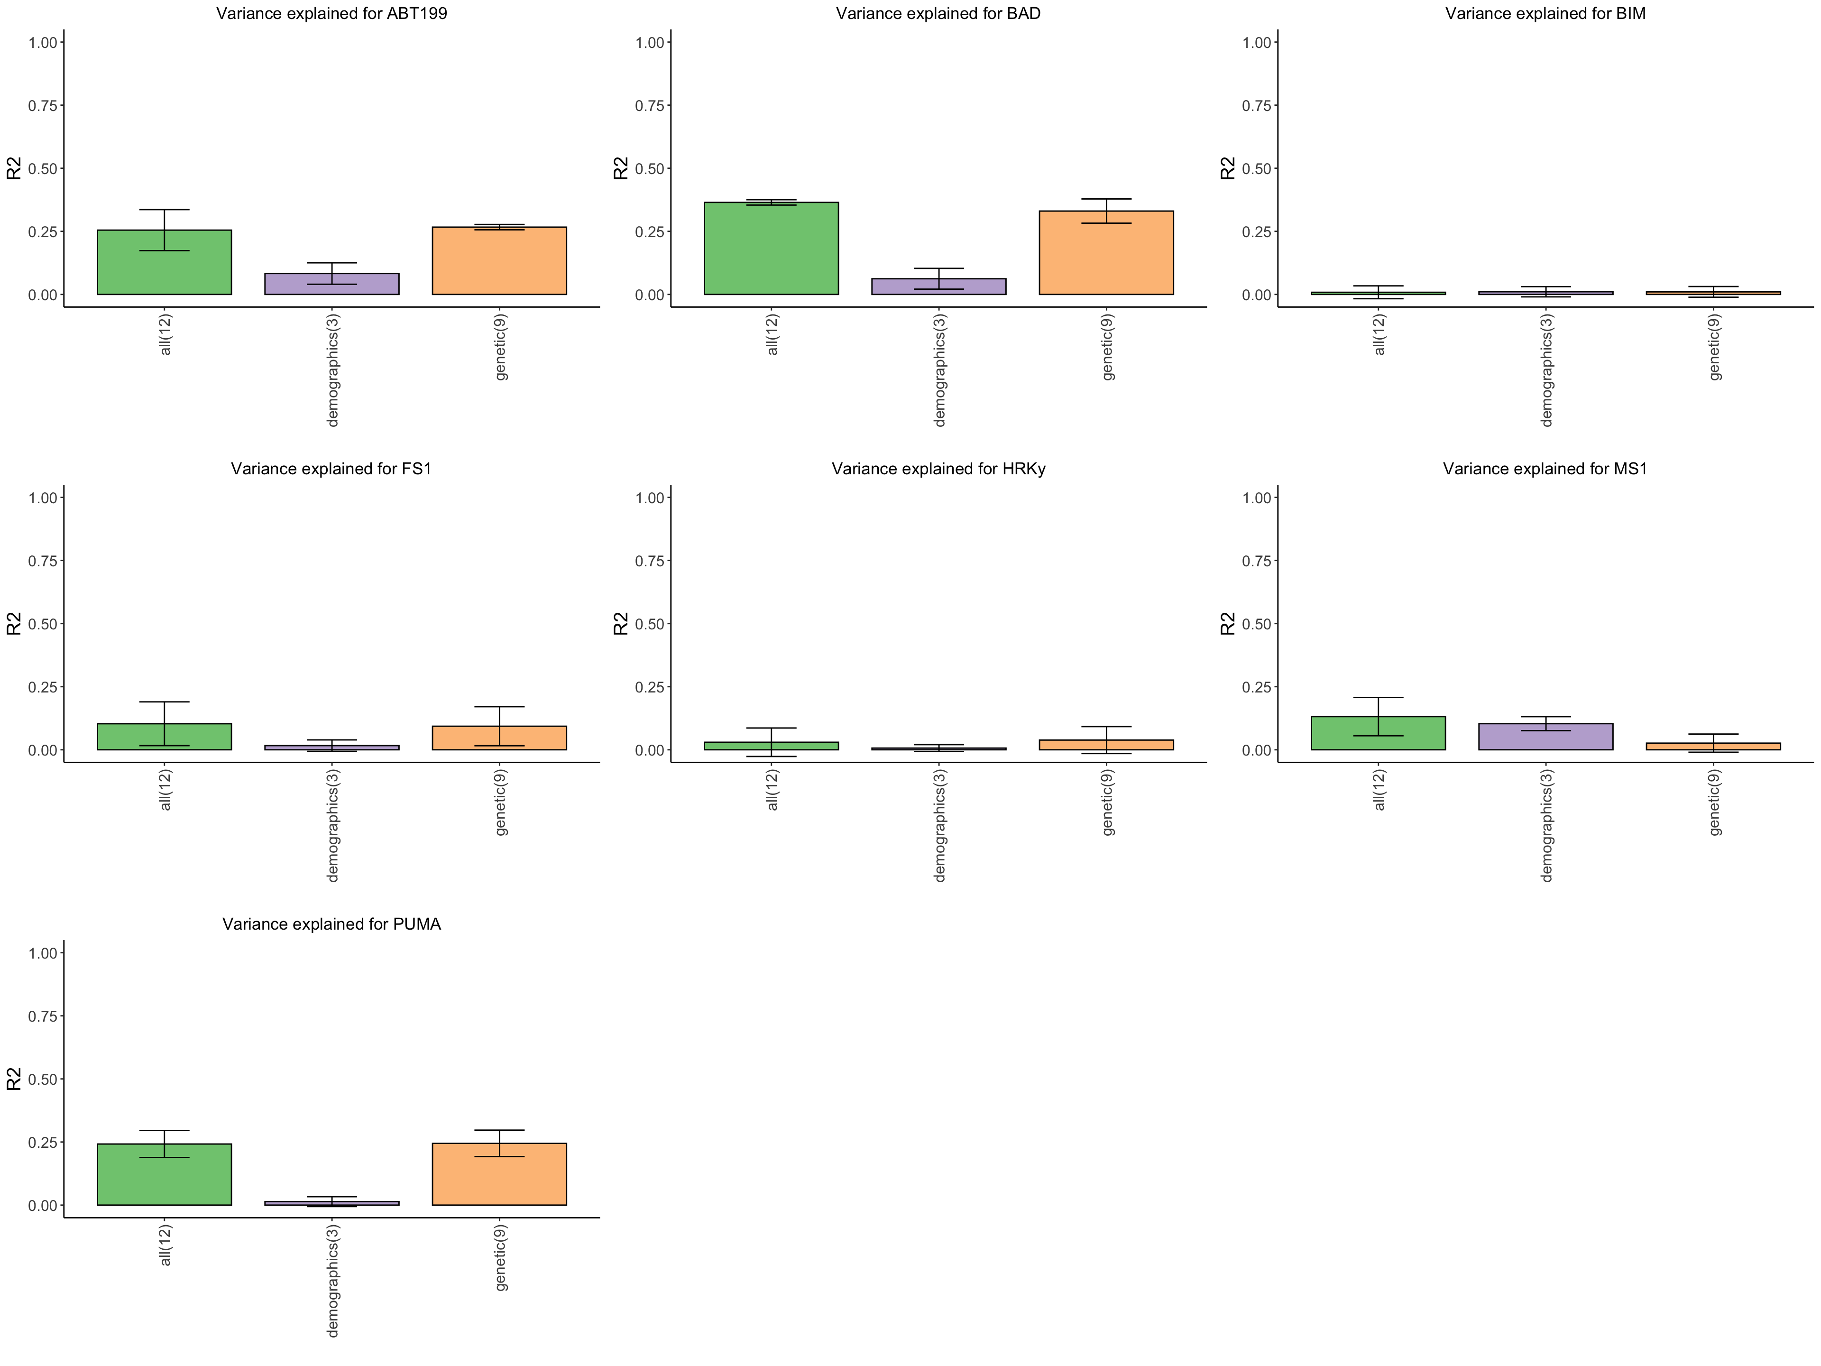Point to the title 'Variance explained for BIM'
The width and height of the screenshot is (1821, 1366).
pos(1545,13)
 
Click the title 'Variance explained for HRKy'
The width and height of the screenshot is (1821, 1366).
pos(938,469)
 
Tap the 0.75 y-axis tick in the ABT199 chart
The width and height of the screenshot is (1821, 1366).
pos(43,105)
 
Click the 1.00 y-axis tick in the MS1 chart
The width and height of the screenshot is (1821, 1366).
pos(1257,498)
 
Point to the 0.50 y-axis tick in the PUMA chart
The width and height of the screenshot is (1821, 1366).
pos(43,1080)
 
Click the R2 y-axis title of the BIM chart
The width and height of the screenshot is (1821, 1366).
pos(1227,168)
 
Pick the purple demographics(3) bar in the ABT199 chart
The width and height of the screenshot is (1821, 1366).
pos(332,284)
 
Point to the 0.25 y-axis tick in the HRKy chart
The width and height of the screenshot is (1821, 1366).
pos(650,687)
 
